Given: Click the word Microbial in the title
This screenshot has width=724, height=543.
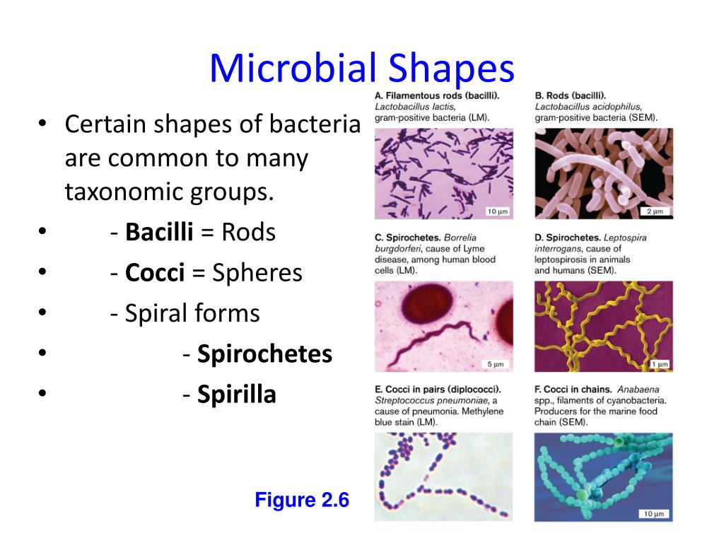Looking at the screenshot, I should pyautogui.click(x=294, y=69).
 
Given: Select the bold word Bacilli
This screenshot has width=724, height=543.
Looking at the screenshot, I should pyautogui.click(x=159, y=233).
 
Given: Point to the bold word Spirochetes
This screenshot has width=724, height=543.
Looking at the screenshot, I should pyautogui.click(x=264, y=354).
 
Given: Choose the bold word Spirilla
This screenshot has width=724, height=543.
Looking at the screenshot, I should pyautogui.click(x=236, y=395).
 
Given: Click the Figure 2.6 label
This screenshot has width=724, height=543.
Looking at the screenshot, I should pyautogui.click(x=302, y=501).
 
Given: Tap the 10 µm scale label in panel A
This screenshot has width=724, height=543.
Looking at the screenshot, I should pyautogui.click(x=498, y=211).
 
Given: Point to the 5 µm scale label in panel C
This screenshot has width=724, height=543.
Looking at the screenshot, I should pyautogui.click(x=496, y=364).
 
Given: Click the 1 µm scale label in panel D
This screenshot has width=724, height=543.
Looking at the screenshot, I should pyautogui.click(x=659, y=364).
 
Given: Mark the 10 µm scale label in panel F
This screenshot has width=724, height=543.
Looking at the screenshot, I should pyautogui.click(x=654, y=513).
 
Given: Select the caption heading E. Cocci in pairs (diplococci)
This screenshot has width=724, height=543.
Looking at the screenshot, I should pyautogui.click(x=438, y=390).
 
